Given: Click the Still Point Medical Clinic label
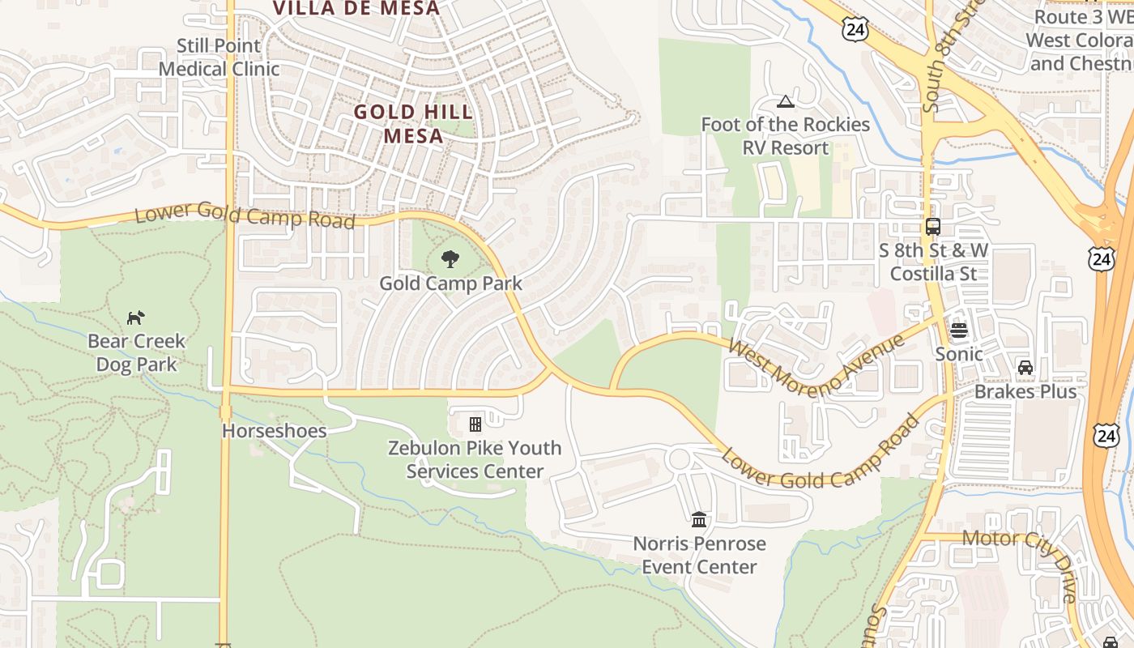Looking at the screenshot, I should [219, 58].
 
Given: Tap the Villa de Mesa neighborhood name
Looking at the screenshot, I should [356, 9].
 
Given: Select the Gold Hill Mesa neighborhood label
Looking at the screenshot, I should [414, 124].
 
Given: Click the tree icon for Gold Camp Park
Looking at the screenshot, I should [450, 259].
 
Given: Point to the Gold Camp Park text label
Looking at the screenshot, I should [450, 283].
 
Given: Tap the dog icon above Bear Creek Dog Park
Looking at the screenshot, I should [136, 318].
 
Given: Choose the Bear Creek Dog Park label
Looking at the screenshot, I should [136, 352].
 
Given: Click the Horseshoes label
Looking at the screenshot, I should [275, 430].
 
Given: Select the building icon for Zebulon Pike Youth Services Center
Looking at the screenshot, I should [475, 424].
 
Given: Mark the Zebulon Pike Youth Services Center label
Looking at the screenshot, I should [475, 459].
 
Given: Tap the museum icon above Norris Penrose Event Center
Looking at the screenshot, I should [699, 519].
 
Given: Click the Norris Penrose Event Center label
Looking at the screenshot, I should [699, 555].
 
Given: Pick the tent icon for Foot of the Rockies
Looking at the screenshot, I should [785, 101].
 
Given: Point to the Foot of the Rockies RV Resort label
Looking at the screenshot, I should [785, 136].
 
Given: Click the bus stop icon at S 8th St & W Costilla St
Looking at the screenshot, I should [933, 227].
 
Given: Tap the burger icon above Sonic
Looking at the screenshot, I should [959, 330].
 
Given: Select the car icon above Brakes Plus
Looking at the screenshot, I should [1025, 368].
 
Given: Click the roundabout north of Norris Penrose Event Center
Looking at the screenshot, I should [679, 459].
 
